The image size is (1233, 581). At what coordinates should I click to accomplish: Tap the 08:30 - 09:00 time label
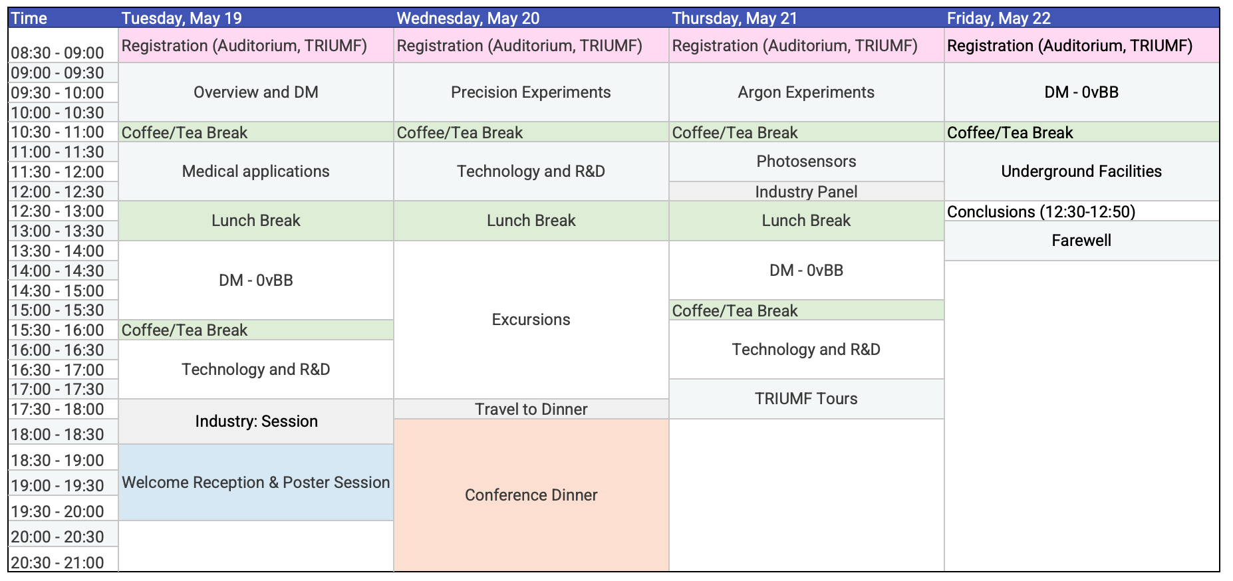[x=58, y=53]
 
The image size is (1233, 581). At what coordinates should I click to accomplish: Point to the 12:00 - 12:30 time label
[x=58, y=191]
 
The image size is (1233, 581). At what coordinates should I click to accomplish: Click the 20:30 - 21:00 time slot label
[x=58, y=562]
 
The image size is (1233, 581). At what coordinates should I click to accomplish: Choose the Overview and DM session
[x=256, y=92]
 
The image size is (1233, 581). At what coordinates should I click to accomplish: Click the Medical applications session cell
[x=256, y=172]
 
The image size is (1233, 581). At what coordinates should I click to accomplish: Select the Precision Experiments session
[x=531, y=92]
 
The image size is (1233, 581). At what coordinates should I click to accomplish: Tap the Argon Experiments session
[x=807, y=92]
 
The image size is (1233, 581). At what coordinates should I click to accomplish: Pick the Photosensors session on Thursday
[x=807, y=162]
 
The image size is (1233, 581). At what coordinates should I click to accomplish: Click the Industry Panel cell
[x=807, y=191]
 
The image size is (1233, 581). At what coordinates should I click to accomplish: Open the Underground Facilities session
[x=1082, y=172]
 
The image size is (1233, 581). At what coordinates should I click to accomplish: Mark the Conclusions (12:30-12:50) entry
[x=1041, y=211]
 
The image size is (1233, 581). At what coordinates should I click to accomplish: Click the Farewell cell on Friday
[x=1082, y=241]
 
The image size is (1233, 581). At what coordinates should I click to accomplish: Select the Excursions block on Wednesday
[x=531, y=320]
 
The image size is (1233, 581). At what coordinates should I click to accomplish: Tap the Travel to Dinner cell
[x=531, y=409]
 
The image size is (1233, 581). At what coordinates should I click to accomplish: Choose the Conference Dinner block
[x=531, y=495]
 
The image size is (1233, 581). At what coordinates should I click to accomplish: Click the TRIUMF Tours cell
[x=807, y=399]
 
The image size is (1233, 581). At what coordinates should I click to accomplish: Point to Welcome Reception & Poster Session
[x=256, y=483]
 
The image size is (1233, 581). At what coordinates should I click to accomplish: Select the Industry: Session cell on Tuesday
[x=256, y=421]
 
